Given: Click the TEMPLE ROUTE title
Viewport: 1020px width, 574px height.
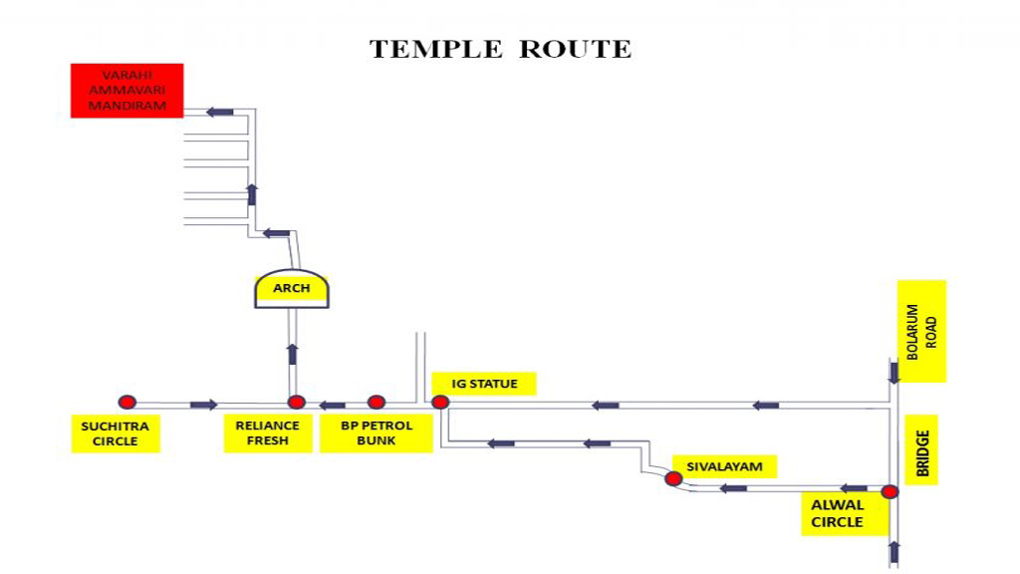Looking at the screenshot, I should coord(500,49).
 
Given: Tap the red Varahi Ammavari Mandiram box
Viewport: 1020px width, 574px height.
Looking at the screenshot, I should coord(127,91).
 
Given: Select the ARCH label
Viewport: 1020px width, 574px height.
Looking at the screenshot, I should coord(292,289).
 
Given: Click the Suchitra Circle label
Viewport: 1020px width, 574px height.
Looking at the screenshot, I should coord(116,433).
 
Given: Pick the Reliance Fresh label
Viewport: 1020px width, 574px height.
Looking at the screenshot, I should coord(268,433).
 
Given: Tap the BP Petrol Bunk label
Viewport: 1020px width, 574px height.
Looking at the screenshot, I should coord(377,433).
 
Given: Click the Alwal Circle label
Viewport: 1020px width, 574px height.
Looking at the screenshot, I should coord(837,513).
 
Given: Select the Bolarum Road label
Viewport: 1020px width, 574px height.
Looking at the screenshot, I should coord(922,331).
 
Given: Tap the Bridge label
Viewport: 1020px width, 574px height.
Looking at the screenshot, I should coord(922,453).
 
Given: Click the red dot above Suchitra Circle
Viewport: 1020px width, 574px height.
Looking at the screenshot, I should coord(127,403).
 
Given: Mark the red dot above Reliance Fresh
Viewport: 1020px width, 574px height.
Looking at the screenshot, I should coord(296,403).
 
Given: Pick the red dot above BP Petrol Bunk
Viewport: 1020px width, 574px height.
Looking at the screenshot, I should coord(376,403).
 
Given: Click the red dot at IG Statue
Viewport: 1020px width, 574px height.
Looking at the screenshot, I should coord(439,403).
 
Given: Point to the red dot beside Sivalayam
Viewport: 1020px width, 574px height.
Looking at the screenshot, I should coord(673,479).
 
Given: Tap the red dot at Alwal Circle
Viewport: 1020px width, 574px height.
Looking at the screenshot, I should coord(890,491).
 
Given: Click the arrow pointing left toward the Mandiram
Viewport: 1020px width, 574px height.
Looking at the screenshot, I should coord(219,112).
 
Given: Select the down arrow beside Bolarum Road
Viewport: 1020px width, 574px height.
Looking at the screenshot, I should coord(893,372).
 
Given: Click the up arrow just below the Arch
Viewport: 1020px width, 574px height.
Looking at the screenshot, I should coord(292,354).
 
